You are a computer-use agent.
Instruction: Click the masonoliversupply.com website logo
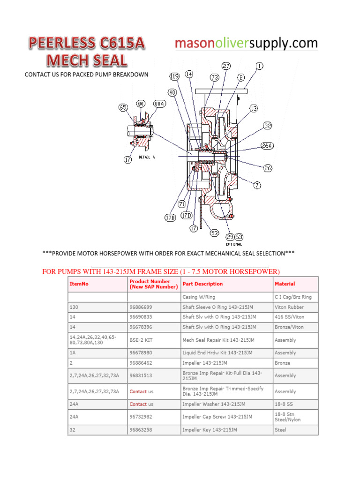(246, 44)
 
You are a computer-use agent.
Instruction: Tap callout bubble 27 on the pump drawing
(226, 66)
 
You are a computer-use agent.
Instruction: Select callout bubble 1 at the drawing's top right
(260, 66)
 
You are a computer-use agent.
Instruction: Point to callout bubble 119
(174, 76)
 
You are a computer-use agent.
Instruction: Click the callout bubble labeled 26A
(267, 146)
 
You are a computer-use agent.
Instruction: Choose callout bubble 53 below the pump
(215, 232)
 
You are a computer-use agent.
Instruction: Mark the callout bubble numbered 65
(123, 107)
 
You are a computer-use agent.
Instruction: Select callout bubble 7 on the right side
(257, 185)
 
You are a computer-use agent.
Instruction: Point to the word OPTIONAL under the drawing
(234, 244)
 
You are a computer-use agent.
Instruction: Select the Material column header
(285, 284)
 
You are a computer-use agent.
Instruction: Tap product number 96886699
(141, 307)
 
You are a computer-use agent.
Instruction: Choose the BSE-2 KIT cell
(140, 340)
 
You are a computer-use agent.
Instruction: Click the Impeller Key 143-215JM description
(210, 429)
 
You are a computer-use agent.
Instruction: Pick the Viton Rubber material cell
(289, 307)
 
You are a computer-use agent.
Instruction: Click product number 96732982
(141, 416)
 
